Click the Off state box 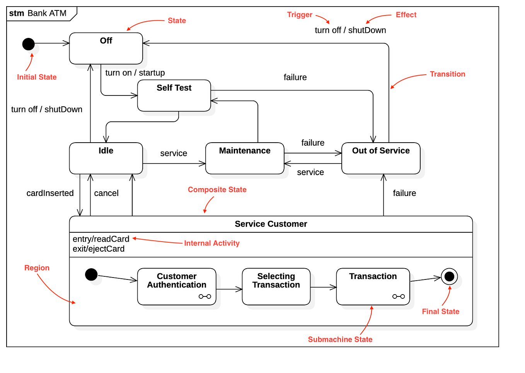coord(106,48)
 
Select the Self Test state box coord(174,95)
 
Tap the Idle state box coord(106,158)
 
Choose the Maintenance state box coord(245,158)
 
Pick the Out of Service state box coord(381,158)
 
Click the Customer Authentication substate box coord(177,286)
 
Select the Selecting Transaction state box coord(276,286)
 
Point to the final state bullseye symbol coord(449,276)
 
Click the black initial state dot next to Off coord(28,44)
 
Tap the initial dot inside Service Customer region coord(91,274)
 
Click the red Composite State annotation coord(217,189)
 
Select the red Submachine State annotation coord(340,339)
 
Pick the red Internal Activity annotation coord(211,243)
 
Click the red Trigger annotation coord(299,15)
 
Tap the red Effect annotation coord(406,15)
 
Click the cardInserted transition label coord(50,193)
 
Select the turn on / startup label coord(135,73)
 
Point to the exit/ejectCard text coord(99,249)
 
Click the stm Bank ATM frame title coord(38,13)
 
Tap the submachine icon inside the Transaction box coord(399,296)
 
